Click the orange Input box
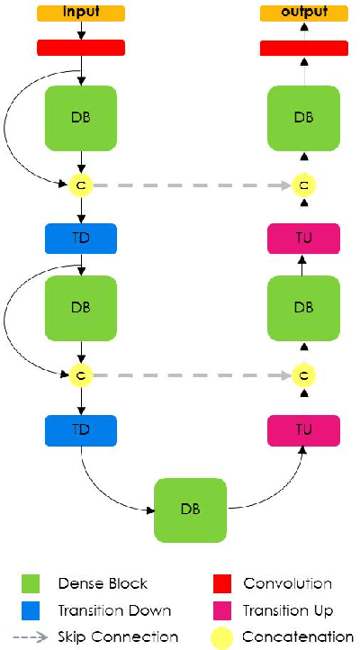point(81,14)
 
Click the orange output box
point(304,14)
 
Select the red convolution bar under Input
point(81,48)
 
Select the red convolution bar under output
point(304,48)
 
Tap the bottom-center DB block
point(191,510)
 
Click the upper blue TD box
point(81,239)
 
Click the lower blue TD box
point(81,430)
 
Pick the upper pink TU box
point(304,239)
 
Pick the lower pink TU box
point(304,430)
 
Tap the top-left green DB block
point(81,117)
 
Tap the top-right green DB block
point(304,117)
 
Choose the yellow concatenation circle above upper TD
point(81,185)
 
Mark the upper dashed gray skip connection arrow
point(193,185)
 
